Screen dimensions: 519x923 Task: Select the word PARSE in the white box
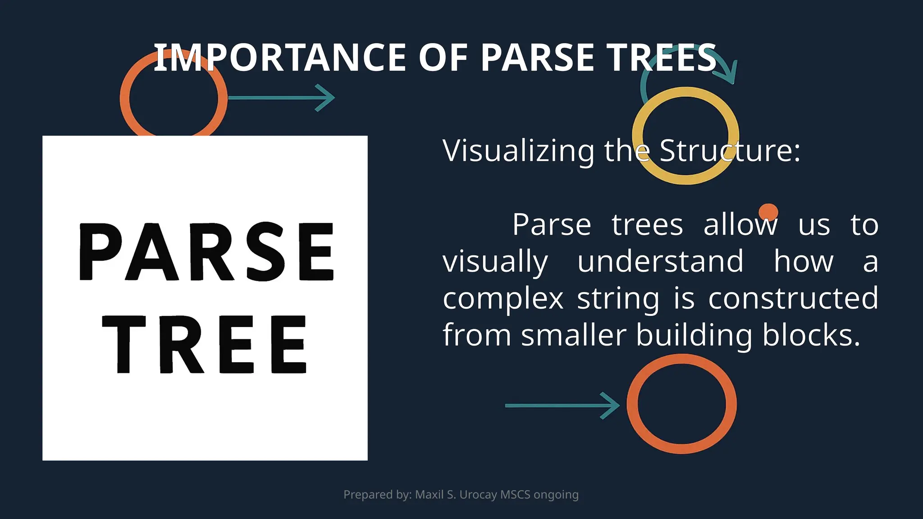tap(206, 252)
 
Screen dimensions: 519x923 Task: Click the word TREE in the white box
tap(205, 345)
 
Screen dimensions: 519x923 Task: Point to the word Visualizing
tap(518, 150)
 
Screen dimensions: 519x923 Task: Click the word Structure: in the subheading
tap(730, 150)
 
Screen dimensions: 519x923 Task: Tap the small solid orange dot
tap(768, 212)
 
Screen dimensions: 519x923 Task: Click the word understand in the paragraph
tap(660, 261)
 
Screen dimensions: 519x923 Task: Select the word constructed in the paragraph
tap(793, 298)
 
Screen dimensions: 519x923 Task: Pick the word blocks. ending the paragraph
tap(811, 335)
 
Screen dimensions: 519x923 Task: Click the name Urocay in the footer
tap(478, 495)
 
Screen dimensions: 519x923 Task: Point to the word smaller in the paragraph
tap(573, 335)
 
